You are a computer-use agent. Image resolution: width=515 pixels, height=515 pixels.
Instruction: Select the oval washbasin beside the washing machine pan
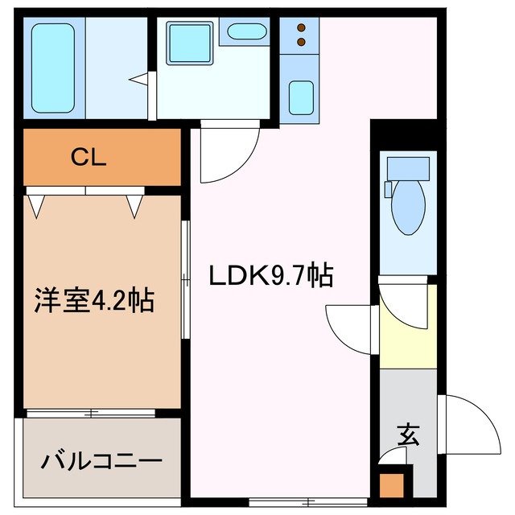coord(245,32)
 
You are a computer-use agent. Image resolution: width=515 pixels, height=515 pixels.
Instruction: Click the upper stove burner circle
coord(301,26)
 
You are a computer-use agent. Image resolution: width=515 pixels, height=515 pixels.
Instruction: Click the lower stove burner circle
coord(301,41)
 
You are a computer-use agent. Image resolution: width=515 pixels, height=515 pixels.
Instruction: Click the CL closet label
coord(89,158)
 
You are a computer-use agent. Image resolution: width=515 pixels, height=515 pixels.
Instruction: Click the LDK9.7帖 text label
coord(271,278)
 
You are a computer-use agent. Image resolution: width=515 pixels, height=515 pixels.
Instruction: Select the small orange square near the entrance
coord(391,485)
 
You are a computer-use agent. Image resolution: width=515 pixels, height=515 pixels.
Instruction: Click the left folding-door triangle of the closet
coord(36,206)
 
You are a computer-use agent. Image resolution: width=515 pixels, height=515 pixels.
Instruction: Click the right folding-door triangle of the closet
coord(134,206)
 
